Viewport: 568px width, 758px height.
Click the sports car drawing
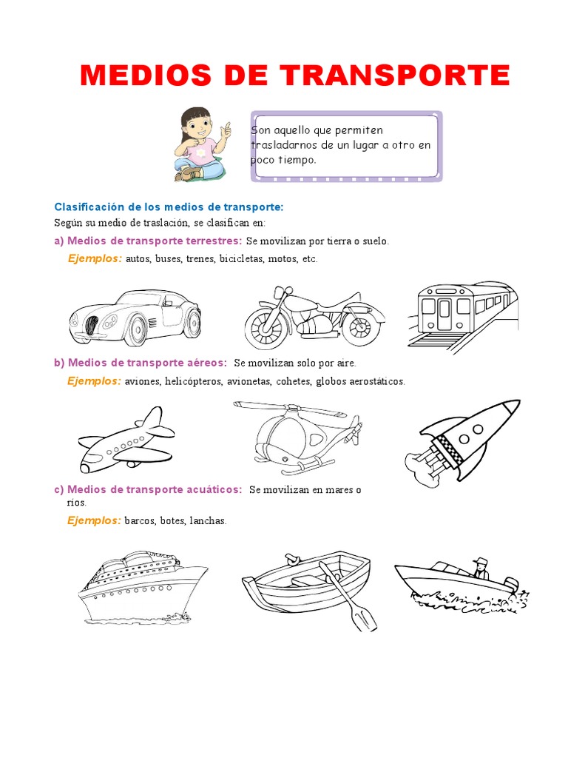pyautogui.click(x=135, y=317)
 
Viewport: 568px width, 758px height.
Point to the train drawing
pyautogui.click(x=462, y=313)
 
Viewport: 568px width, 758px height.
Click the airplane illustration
pyautogui.click(x=126, y=440)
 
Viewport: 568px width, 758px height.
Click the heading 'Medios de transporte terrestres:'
pyautogui.click(x=155, y=241)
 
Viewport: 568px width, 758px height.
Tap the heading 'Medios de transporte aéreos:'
pyautogui.click(x=147, y=363)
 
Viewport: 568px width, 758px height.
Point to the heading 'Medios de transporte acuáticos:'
pyautogui.click(x=155, y=490)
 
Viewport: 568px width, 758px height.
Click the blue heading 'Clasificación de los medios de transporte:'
pyautogui.click(x=169, y=207)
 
